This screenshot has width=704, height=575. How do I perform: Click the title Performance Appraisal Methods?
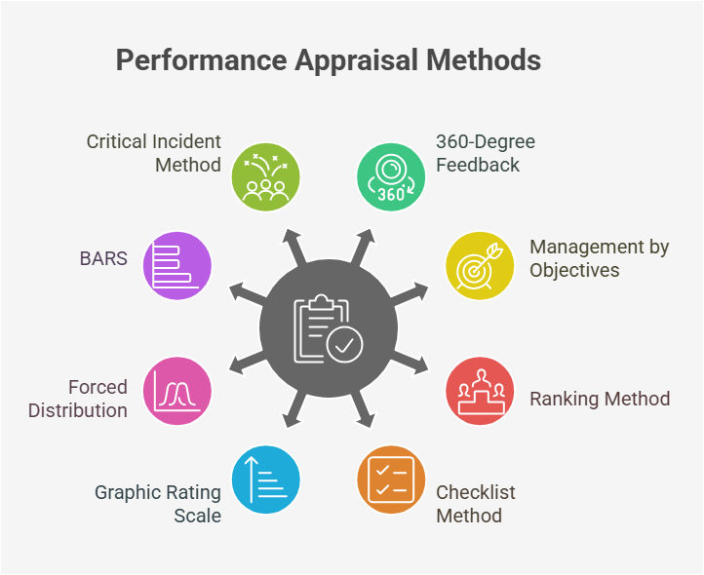click(328, 60)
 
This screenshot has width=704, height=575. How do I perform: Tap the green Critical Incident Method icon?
click(265, 177)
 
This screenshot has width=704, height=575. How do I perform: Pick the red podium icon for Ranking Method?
click(479, 390)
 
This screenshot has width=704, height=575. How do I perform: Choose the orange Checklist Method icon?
click(390, 479)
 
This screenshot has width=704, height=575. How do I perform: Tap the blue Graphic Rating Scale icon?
click(265, 479)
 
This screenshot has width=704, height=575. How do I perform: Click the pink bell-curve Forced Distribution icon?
click(176, 390)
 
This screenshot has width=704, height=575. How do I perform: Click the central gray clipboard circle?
click(328, 327)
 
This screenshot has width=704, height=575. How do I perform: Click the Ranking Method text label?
click(600, 399)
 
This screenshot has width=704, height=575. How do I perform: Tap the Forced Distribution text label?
click(78, 399)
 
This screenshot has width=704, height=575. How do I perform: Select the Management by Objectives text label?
click(599, 258)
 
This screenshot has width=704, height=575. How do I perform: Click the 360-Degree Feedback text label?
click(485, 153)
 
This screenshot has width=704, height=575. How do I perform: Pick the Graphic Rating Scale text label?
click(158, 503)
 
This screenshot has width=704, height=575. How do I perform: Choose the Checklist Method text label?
click(475, 503)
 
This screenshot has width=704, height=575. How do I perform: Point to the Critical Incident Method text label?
click(154, 153)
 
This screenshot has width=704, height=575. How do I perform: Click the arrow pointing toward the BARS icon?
click(241, 291)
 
